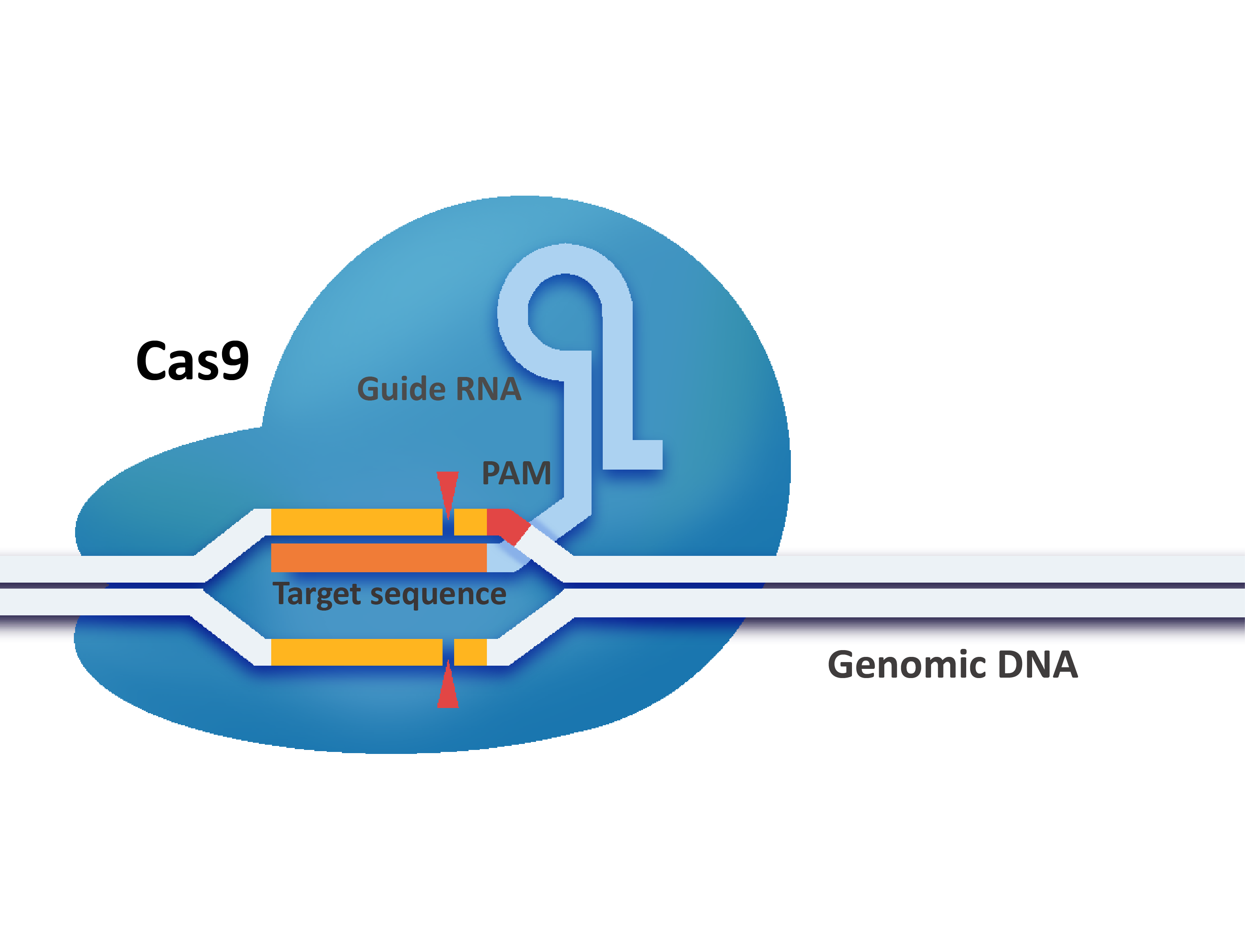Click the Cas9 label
[x=192, y=361]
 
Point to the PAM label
[x=516, y=473]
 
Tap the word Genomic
[x=907, y=665]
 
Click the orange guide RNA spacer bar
[x=378, y=557]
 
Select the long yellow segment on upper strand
[x=356, y=522]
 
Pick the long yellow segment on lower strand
[x=356, y=652]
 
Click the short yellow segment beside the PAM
[x=470, y=522]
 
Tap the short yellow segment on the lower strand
[x=470, y=652]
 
